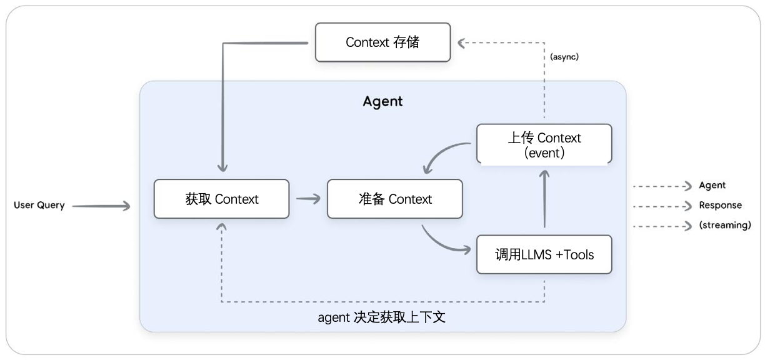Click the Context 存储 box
(x=382, y=42)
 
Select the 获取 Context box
(x=221, y=199)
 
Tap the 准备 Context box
(x=395, y=199)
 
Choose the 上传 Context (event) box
(x=544, y=144)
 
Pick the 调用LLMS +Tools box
(x=544, y=254)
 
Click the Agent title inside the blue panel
(x=382, y=101)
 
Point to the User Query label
(x=39, y=205)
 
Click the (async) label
(x=564, y=57)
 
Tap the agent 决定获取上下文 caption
(x=381, y=317)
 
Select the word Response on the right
(x=720, y=205)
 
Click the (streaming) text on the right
(x=725, y=225)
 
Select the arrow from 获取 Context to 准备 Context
(x=308, y=199)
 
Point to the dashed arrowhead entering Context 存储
(x=462, y=42)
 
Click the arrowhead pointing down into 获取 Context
(x=222, y=167)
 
